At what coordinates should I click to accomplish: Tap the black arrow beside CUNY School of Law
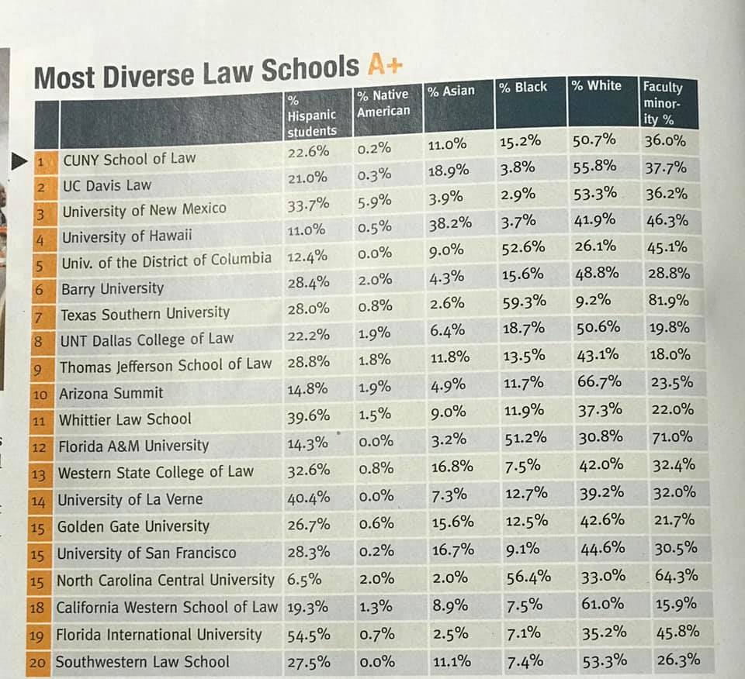19,161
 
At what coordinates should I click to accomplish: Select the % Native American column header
383,102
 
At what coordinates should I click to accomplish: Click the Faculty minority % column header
663,103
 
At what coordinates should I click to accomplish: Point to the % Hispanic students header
312,115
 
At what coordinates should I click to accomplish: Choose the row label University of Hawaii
126,236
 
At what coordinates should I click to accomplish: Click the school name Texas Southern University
145,314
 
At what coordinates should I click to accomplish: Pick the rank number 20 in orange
37,662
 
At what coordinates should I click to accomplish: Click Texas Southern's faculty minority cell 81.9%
668,300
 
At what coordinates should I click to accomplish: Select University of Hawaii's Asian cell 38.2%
450,223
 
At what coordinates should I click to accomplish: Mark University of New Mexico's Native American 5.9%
375,202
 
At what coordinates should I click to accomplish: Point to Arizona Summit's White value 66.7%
599,381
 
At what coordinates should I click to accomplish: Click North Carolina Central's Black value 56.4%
528,577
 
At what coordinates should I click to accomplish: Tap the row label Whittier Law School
125,419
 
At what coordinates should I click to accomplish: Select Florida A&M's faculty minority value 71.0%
672,436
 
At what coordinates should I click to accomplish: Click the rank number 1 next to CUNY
41,162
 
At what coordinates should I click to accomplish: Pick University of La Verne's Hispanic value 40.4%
308,498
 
